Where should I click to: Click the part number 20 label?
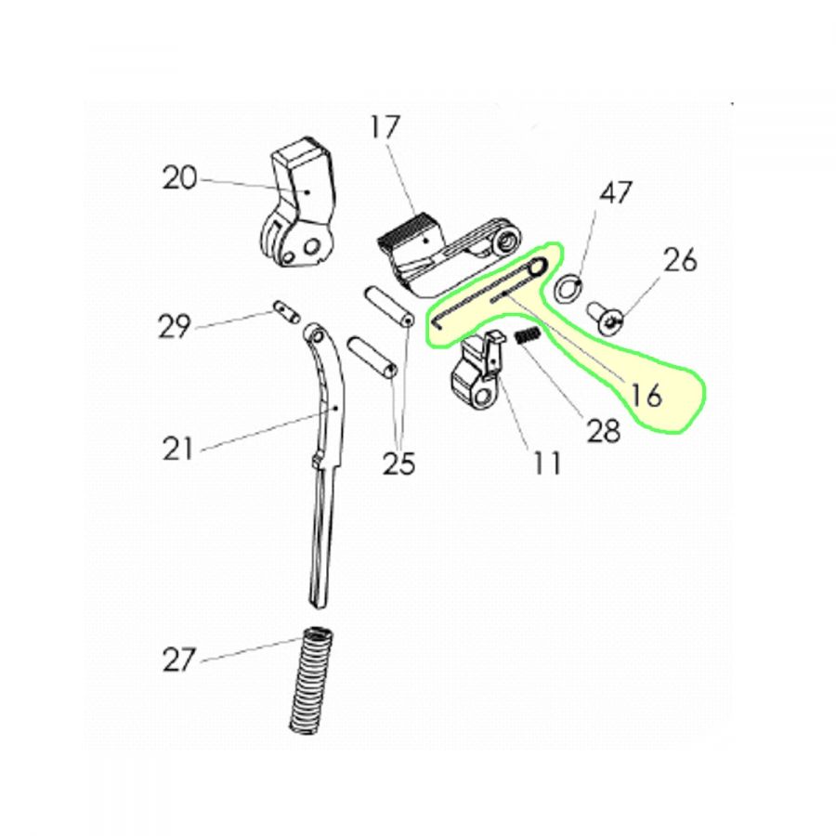tap(179, 178)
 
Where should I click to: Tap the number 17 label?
tap(385, 127)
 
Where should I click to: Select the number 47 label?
tap(616, 192)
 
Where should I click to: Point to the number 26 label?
tap(680, 260)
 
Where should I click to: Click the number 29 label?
tap(175, 326)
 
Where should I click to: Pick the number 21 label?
tap(177, 449)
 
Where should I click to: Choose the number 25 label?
tap(398, 463)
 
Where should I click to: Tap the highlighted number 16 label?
tap(646, 396)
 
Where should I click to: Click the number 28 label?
tap(604, 430)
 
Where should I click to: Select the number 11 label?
tap(547, 463)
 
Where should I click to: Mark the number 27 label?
tap(178, 660)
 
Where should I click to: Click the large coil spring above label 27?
tap(311, 681)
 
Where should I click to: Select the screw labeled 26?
tap(605, 319)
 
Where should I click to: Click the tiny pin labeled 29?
tap(287, 312)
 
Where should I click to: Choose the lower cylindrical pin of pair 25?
tap(372, 357)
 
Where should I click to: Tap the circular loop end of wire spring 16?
tap(538, 265)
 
